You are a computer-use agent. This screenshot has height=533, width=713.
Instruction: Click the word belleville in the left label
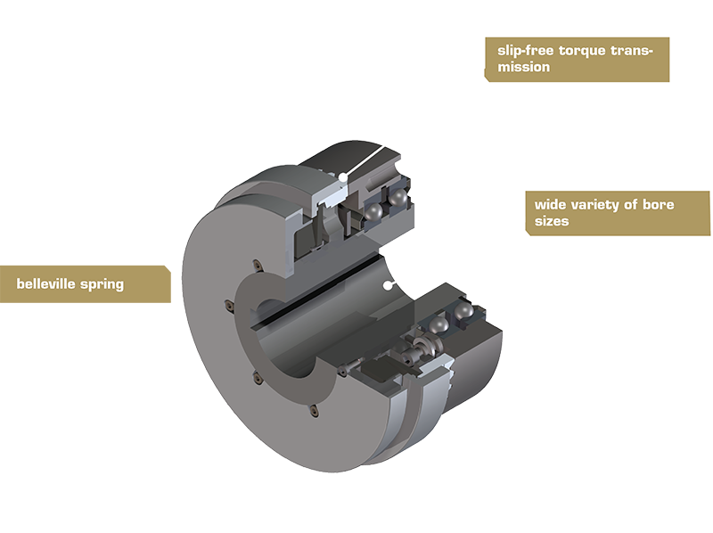coord(52,285)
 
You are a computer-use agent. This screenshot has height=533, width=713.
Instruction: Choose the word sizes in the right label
coord(551,220)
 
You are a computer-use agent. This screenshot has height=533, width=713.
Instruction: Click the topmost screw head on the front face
coord(254,264)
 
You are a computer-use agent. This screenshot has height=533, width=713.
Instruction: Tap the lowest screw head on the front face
coord(313,412)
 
